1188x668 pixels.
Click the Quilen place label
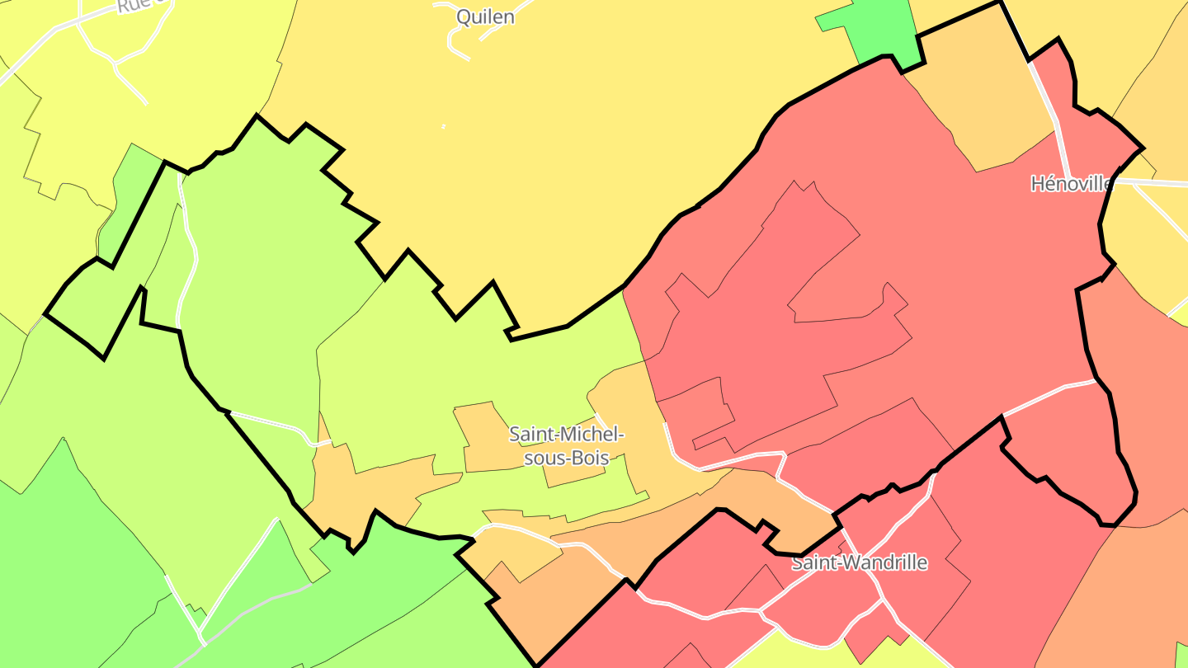(x=486, y=16)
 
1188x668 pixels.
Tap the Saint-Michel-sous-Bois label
(x=566, y=445)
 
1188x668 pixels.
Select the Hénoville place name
(x=1071, y=183)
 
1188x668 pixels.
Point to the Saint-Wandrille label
(x=859, y=563)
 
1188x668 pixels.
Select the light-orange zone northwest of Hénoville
(x=982, y=99)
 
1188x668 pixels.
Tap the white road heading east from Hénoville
(x=1155, y=182)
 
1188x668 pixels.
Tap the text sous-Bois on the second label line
(x=566, y=458)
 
